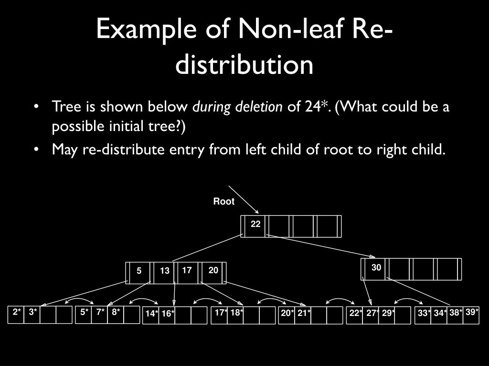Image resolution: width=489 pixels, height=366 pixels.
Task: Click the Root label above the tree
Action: tap(223, 202)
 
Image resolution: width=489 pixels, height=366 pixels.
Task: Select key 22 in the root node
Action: tap(255, 224)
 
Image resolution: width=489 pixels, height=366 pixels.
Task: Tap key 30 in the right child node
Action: tap(376, 268)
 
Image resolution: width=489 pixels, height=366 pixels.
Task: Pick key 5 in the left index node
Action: tap(139, 271)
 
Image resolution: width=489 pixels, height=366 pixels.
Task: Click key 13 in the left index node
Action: tap(165, 271)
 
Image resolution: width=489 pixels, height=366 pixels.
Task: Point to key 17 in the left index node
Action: tap(187, 270)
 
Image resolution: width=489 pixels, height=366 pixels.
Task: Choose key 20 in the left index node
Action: tap(213, 270)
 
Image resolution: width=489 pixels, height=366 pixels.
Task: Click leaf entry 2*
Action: tap(17, 312)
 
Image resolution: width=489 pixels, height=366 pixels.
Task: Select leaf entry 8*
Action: tap(116, 312)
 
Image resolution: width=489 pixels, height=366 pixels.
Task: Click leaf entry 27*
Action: tap(373, 313)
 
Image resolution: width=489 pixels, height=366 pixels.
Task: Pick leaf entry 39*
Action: tap(472, 312)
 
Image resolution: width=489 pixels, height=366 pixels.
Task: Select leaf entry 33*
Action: tap(424, 313)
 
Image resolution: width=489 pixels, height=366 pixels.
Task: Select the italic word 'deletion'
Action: tap(259, 107)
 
